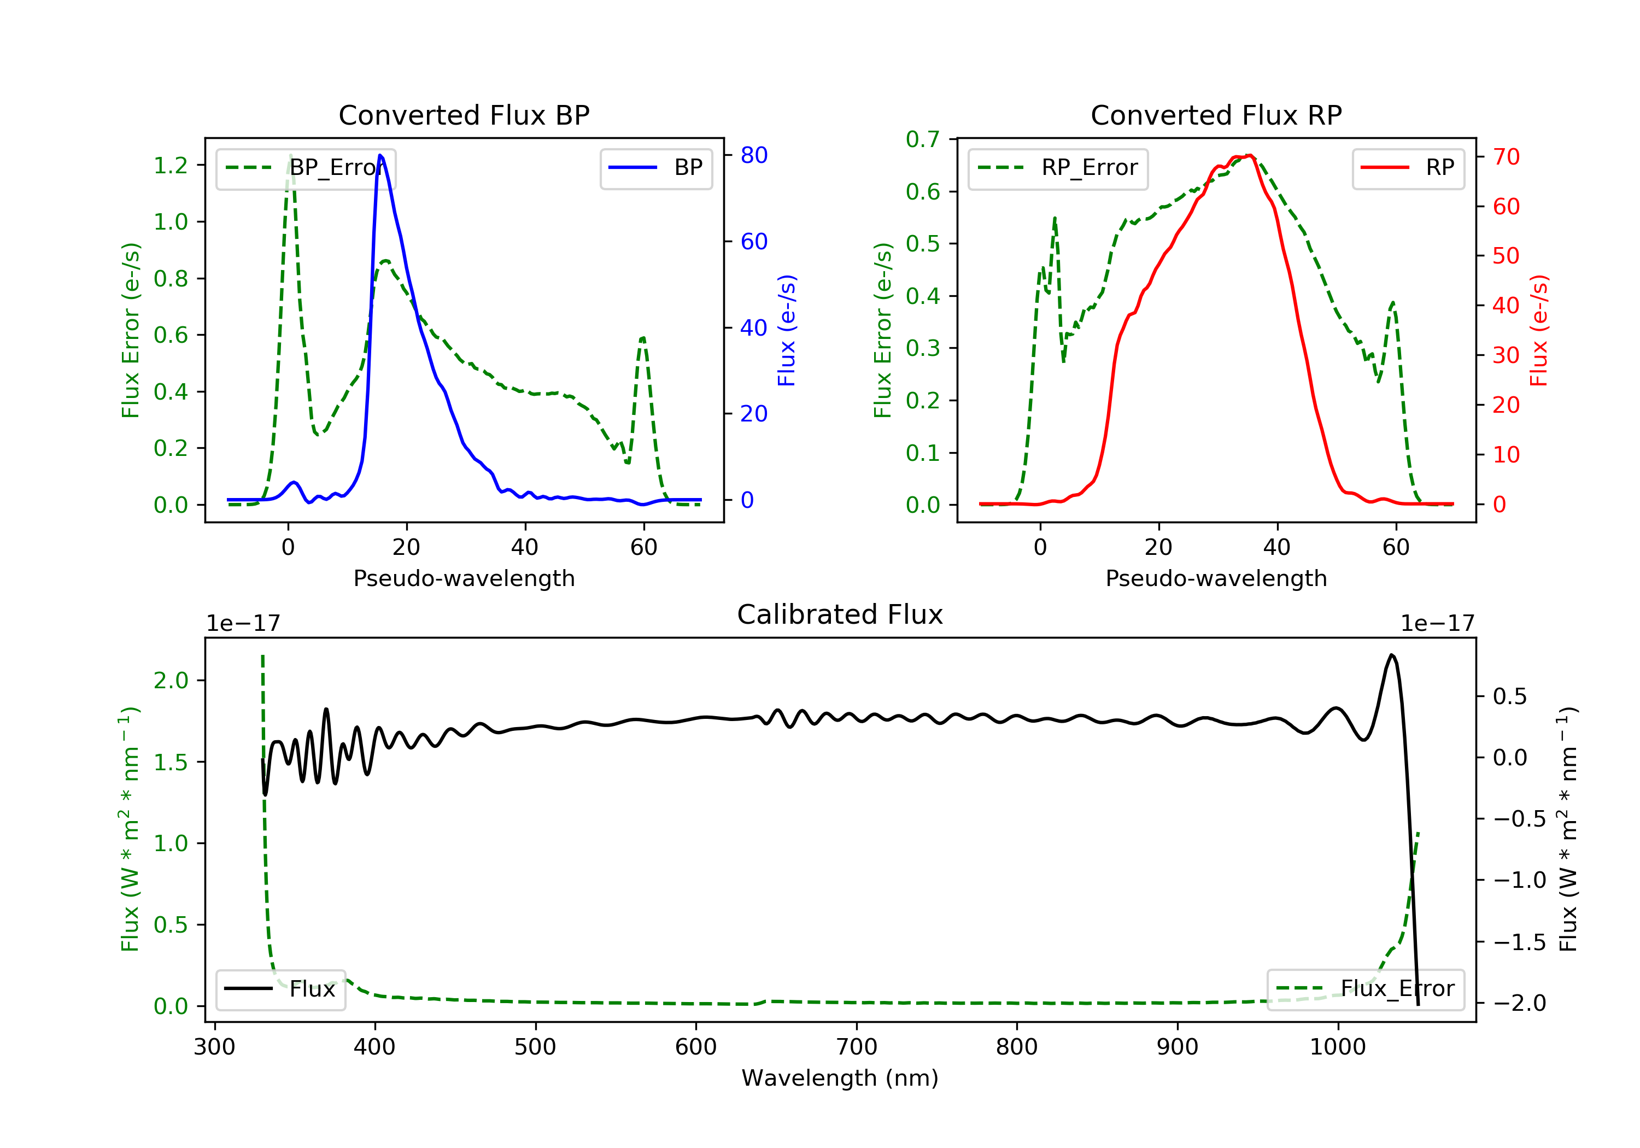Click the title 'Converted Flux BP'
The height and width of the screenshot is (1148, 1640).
464,115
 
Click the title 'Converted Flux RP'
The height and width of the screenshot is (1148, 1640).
1216,115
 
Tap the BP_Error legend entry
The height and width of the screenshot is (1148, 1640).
306,168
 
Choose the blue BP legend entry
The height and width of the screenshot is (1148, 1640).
655,168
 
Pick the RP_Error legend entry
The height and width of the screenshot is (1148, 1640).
1058,168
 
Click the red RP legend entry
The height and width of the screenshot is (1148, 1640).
1408,168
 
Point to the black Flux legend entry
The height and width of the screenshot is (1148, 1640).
280,989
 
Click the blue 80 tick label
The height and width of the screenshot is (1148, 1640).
753,155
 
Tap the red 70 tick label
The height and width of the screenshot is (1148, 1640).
1506,156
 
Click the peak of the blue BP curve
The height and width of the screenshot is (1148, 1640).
380,155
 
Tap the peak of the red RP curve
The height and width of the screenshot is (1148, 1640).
1249,155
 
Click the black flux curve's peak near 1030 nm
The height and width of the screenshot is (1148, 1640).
1391,655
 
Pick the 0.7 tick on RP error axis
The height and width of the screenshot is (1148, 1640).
922,139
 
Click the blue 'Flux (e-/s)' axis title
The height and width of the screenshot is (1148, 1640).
787,330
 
